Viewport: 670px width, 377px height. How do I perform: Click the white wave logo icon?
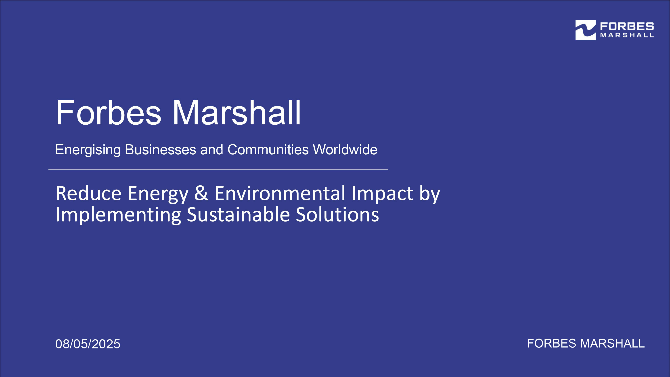(586, 30)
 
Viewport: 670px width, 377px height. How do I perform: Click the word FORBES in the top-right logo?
(627, 26)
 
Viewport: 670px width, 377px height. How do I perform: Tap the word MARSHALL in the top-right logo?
(627, 35)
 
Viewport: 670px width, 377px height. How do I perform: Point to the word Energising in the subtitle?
(88, 150)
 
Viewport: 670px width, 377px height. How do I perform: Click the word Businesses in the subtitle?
(161, 150)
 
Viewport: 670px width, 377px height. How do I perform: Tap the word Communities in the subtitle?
(268, 150)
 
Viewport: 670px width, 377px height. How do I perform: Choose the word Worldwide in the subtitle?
(345, 150)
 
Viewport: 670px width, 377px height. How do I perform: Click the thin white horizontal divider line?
(218, 170)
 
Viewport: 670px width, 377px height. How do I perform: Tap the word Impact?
(382, 194)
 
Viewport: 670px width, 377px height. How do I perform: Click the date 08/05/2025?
(88, 344)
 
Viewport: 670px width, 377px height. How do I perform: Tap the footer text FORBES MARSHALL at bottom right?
(586, 343)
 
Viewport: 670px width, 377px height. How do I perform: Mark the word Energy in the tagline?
(158, 194)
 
